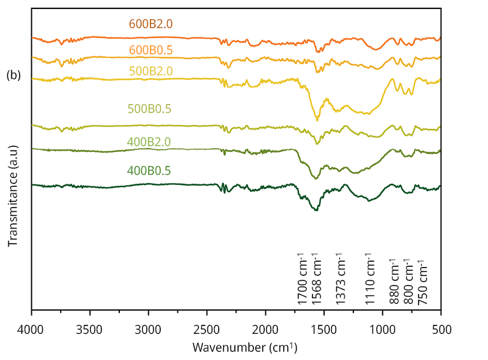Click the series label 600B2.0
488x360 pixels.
tap(151, 24)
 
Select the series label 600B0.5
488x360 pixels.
tap(151, 50)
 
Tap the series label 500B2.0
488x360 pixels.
tap(151, 71)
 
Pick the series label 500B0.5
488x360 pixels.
tap(149, 109)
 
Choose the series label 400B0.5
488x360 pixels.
tap(149, 170)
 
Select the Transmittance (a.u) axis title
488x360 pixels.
tap(13, 196)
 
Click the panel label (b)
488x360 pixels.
tap(13, 75)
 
